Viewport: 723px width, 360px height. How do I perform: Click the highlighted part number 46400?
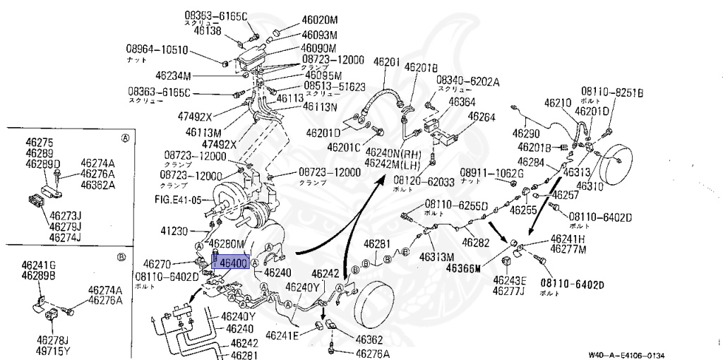point(233,263)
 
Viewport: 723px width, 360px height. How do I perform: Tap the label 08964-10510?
point(157,49)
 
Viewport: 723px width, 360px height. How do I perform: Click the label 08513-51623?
point(335,87)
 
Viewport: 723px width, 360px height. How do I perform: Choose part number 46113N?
point(320,107)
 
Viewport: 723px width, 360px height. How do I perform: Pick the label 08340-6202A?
point(467,81)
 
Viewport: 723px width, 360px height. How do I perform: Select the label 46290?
point(526,133)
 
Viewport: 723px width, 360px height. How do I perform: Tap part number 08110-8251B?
point(612,91)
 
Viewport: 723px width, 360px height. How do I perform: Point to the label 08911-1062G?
point(492,173)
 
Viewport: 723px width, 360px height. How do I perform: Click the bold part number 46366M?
point(463,268)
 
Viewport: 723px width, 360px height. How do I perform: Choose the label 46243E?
point(509,281)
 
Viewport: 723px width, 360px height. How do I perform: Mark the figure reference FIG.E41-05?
point(177,199)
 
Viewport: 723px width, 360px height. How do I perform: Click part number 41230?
point(175,231)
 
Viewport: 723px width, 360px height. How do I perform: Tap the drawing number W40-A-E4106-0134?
point(627,355)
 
